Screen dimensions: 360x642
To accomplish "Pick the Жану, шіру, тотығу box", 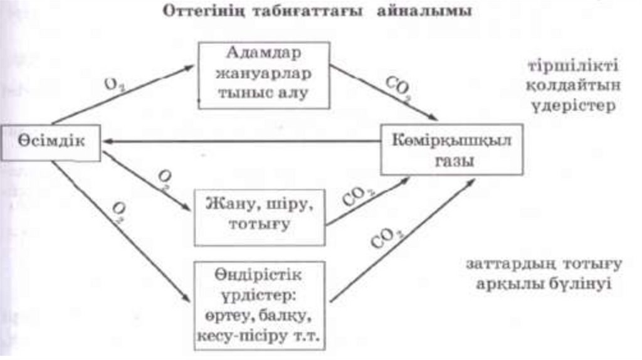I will pyautogui.click(x=259, y=216).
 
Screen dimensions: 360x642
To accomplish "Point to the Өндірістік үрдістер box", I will pyautogui.click(x=259, y=305).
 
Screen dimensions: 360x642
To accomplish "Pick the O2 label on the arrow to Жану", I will pyautogui.click(x=165, y=179).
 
